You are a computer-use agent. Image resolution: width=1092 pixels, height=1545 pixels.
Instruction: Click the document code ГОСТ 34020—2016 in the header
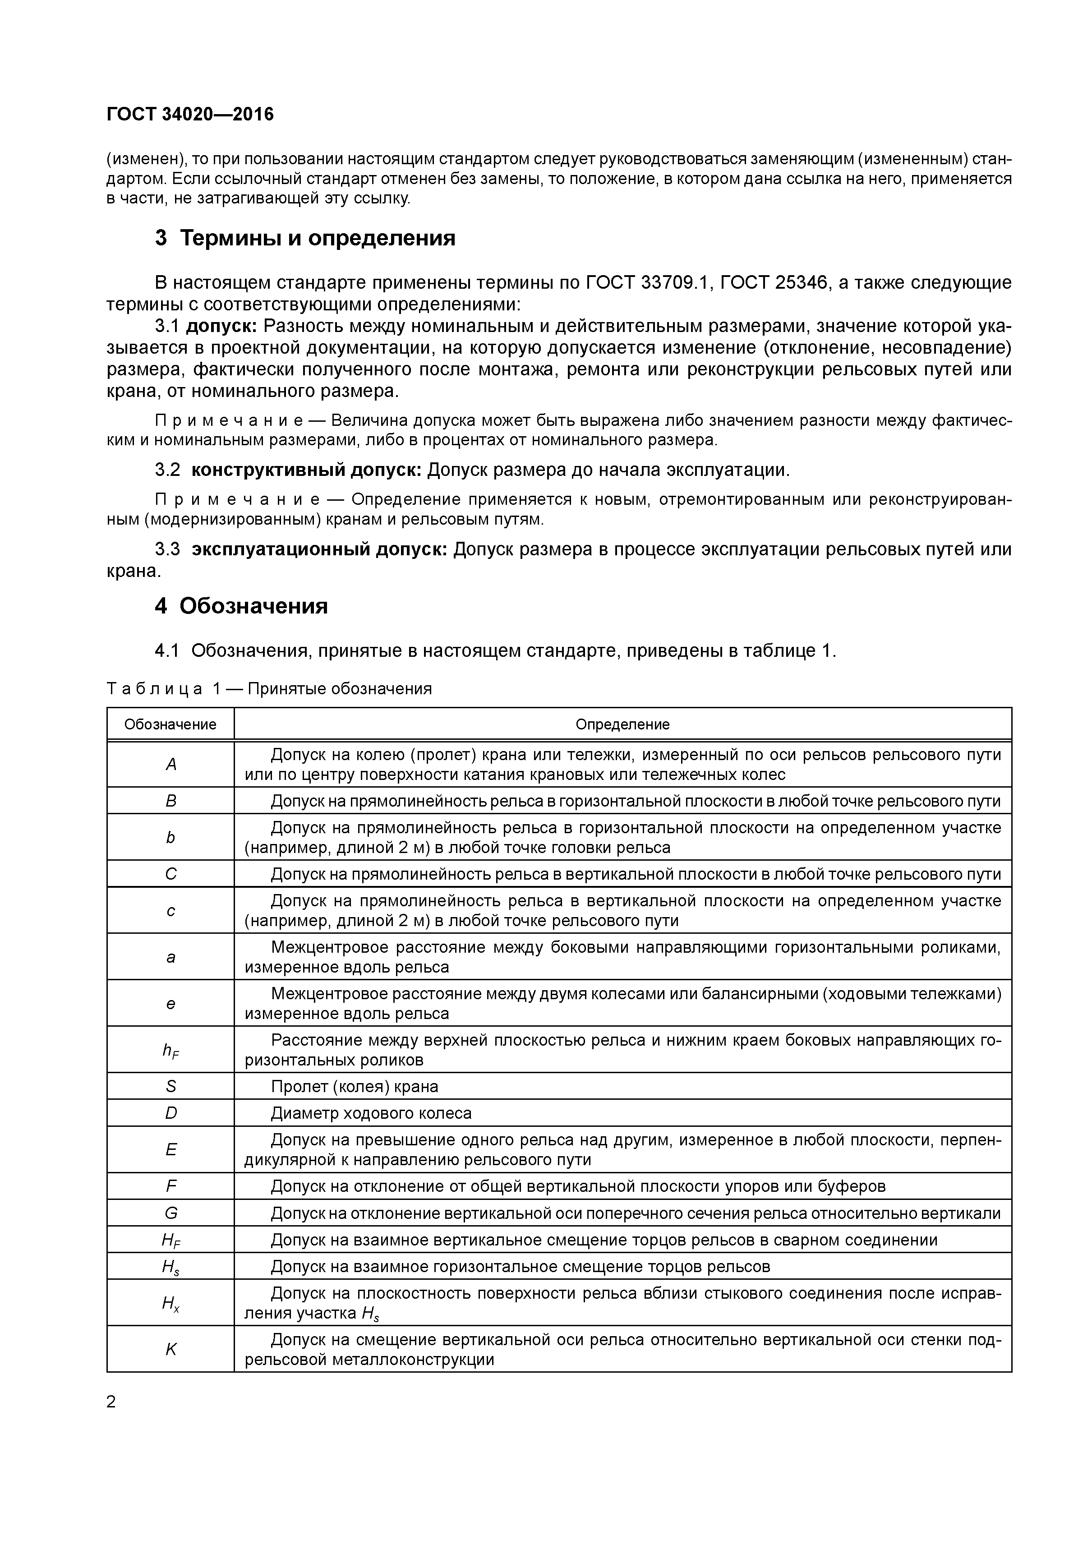pos(190,115)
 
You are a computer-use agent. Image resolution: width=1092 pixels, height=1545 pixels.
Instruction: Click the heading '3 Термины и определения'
pos(305,238)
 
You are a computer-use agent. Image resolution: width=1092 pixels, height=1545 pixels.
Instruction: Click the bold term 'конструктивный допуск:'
pos(306,470)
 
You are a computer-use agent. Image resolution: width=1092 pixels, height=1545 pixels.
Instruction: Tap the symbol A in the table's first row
pos(171,765)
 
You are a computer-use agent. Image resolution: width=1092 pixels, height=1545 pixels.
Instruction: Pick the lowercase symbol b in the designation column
pos(171,838)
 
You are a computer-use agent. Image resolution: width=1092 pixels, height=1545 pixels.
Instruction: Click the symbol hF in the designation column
pos(171,1051)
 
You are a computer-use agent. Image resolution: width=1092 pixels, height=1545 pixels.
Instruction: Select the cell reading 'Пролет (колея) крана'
pos(354,1087)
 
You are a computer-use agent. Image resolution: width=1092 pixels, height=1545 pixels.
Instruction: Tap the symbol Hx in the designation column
pos(171,1304)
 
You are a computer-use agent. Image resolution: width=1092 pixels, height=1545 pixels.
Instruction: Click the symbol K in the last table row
pos(171,1350)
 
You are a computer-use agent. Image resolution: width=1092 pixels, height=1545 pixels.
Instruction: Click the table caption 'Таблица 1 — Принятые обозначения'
pos(269,689)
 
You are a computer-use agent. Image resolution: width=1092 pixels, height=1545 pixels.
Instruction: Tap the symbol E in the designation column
pos(171,1150)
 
